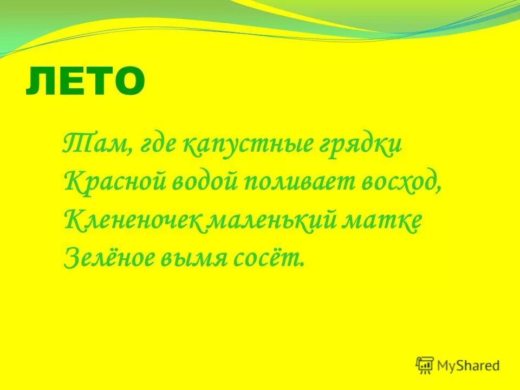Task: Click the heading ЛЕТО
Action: tap(86, 81)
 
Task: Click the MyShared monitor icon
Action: tap(425, 365)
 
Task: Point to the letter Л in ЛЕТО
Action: tap(40, 82)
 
